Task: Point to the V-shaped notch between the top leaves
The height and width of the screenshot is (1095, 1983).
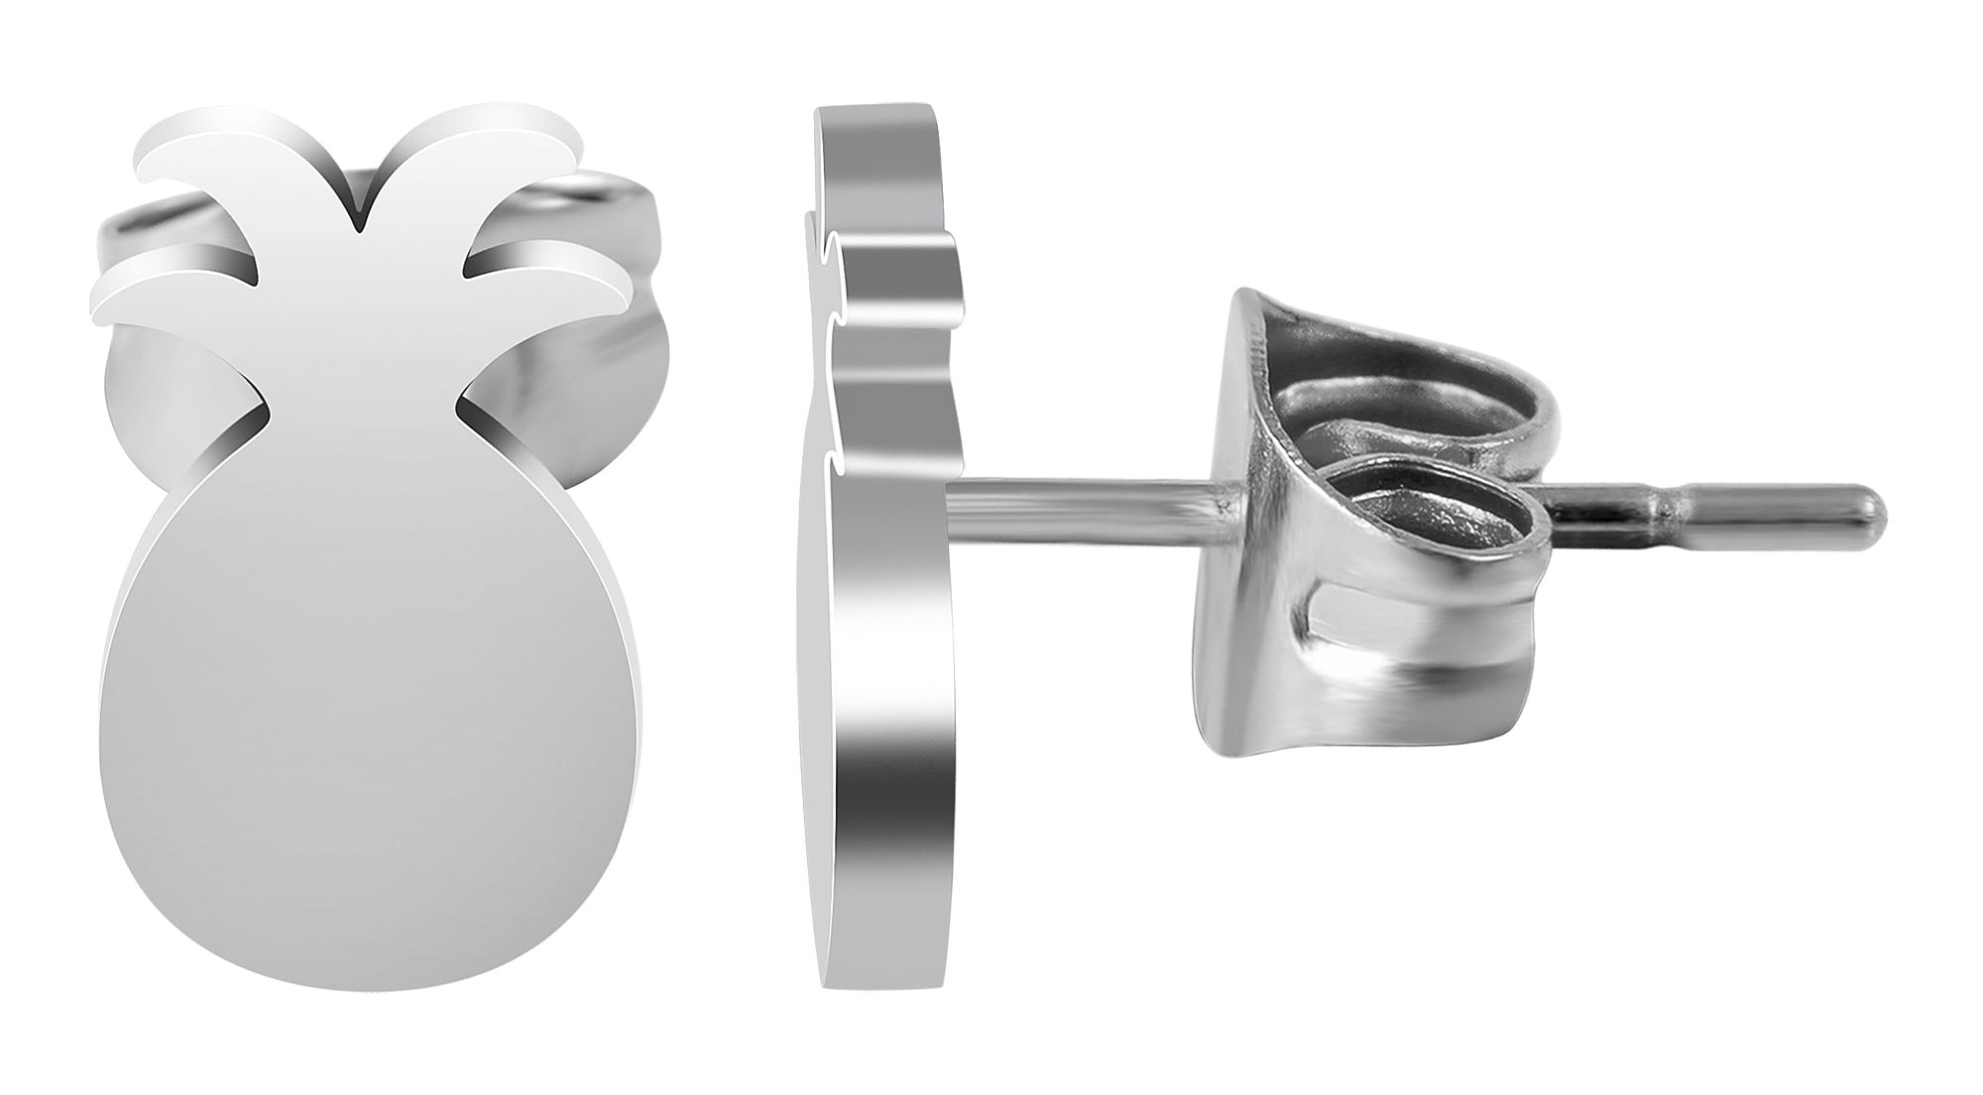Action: tap(359, 213)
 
